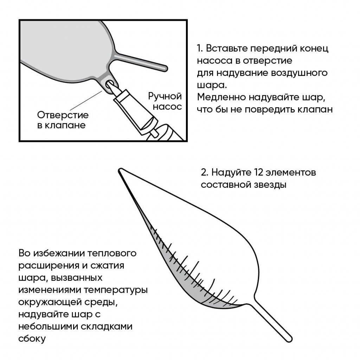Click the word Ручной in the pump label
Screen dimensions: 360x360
point(165,96)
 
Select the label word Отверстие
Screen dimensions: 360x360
point(63,115)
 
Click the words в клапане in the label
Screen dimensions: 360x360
point(61,125)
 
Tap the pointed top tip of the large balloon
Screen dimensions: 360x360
point(120,171)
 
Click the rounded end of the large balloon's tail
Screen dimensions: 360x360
point(289,339)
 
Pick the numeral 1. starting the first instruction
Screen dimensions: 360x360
point(199,48)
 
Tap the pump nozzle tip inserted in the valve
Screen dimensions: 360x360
point(112,86)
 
